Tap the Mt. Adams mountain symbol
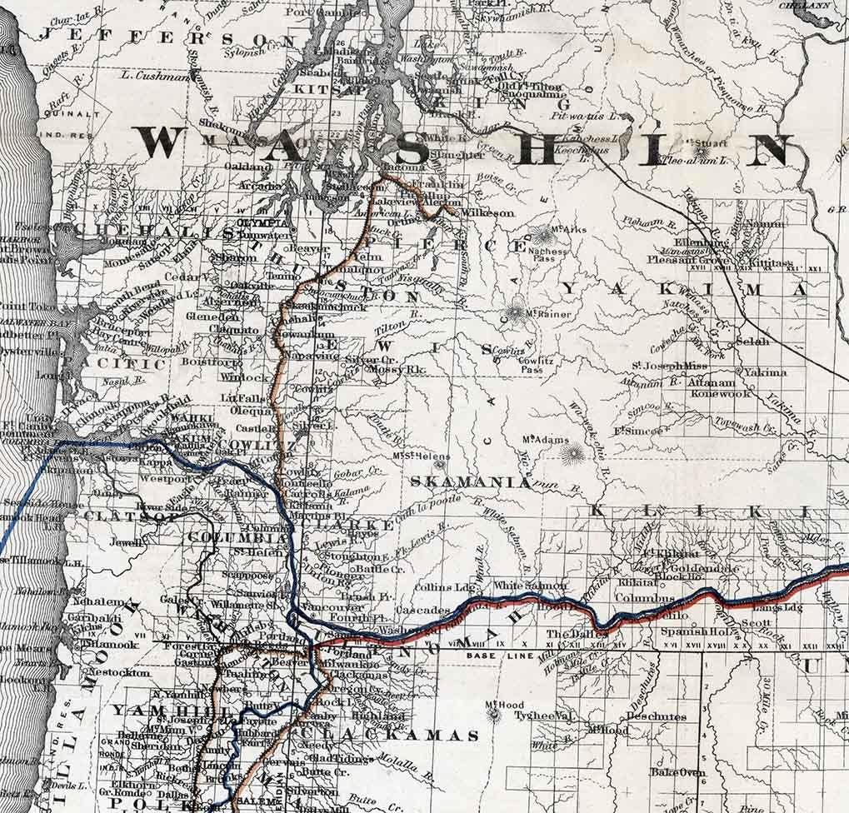coord(572,453)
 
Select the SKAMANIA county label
coord(469,481)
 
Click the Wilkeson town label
coord(487,213)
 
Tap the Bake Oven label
coord(677,772)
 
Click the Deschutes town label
coord(657,716)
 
